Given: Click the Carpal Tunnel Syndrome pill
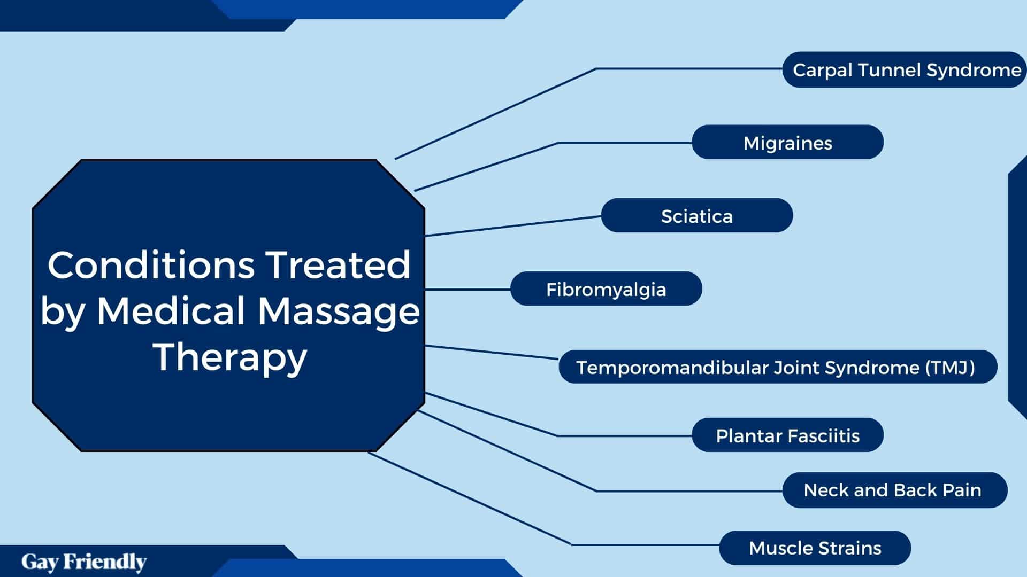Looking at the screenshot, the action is click(905, 69).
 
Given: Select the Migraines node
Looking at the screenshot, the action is click(787, 142).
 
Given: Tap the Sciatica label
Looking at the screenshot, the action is click(696, 215).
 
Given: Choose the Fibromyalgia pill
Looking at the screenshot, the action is click(606, 288).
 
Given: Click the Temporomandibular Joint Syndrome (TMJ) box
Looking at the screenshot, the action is click(778, 367).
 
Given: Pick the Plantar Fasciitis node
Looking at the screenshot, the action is click(787, 435).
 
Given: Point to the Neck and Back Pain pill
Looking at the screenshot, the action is click(895, 490).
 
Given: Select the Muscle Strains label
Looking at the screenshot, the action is click(815, 548).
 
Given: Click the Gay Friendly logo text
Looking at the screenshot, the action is click(84, 562).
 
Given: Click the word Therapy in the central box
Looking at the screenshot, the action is click(230, 358).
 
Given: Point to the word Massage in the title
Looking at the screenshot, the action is click(339, 311).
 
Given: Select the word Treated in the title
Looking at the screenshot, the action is click(338, 265).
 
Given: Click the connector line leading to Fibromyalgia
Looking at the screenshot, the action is click(468, 289).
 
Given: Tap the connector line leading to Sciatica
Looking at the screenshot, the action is click(513, 226).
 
